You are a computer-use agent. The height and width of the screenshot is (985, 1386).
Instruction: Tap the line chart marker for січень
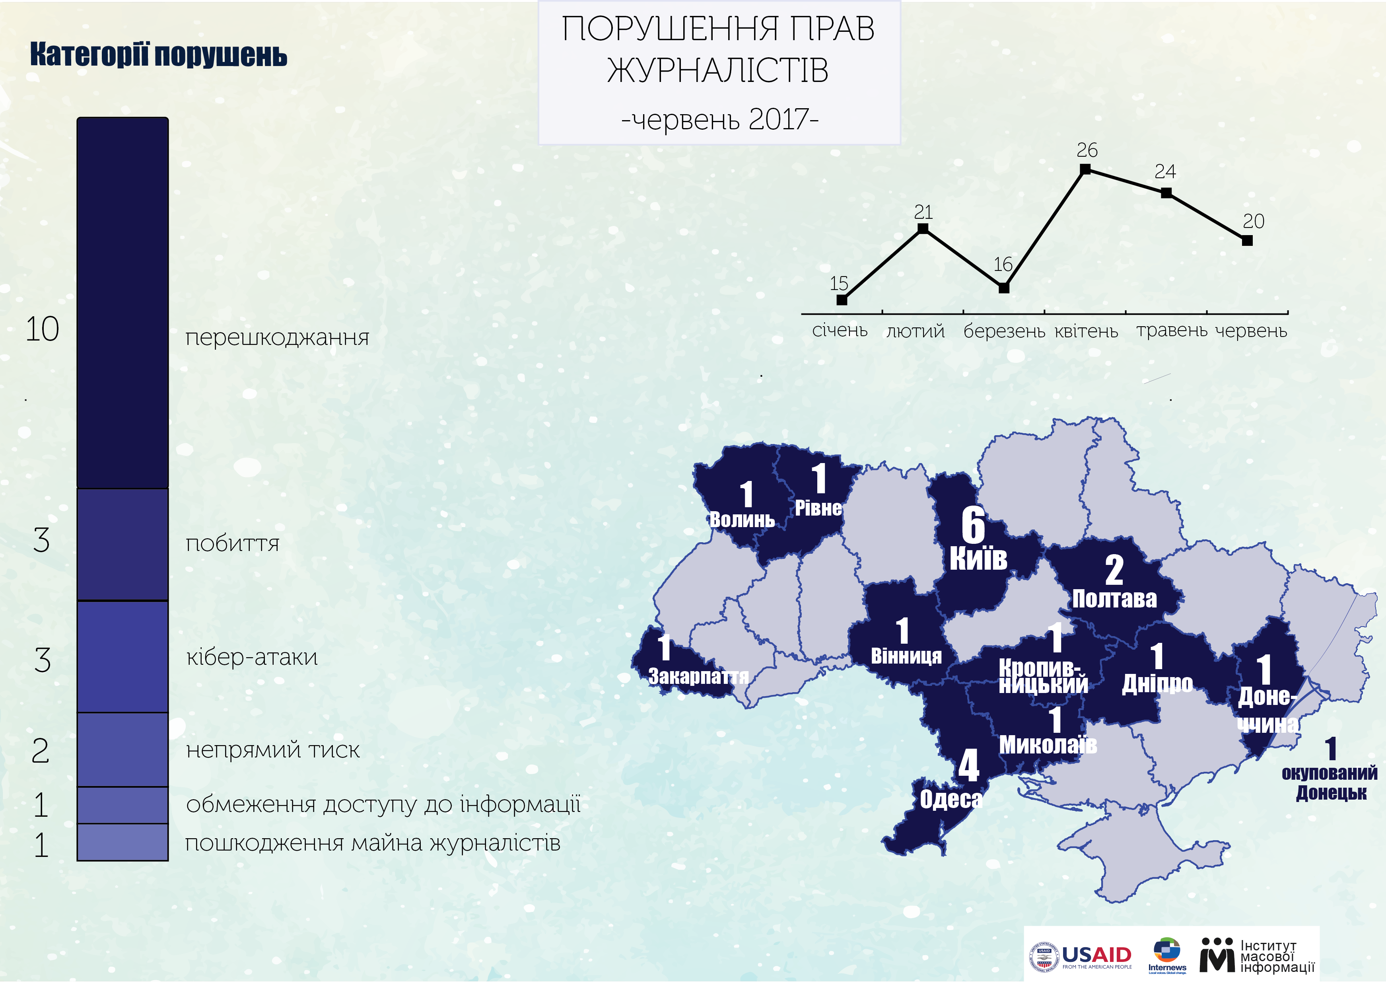(842, 300)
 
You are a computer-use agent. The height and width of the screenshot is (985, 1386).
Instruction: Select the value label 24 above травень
(1165, 171)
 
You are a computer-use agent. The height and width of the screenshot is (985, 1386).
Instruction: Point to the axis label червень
(1251, 331)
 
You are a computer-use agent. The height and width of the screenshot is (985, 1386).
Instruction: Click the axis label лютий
(916, 331)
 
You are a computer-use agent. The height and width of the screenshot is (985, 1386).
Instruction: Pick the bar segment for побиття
(122, 544)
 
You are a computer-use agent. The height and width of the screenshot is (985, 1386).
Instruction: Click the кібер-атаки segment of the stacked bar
(122, 656)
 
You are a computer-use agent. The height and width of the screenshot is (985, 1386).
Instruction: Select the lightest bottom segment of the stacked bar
(122, 842)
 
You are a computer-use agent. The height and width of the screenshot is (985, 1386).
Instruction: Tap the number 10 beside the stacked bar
(42, 329)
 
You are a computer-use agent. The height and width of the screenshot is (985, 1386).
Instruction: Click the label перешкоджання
(277, 337)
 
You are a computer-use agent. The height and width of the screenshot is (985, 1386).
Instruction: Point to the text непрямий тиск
(273, 750)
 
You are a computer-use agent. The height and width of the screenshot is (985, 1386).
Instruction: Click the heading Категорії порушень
(158, 55)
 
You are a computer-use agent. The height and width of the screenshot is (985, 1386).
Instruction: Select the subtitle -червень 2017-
(720, 119)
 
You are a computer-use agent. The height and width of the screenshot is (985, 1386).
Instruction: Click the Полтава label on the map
(1114, 599)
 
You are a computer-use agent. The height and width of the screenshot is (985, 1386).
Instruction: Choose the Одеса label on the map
(951, 799)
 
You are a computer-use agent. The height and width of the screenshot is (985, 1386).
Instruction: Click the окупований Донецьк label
(1330, 783)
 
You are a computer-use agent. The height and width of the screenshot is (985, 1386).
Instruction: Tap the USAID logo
(1081, 956)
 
